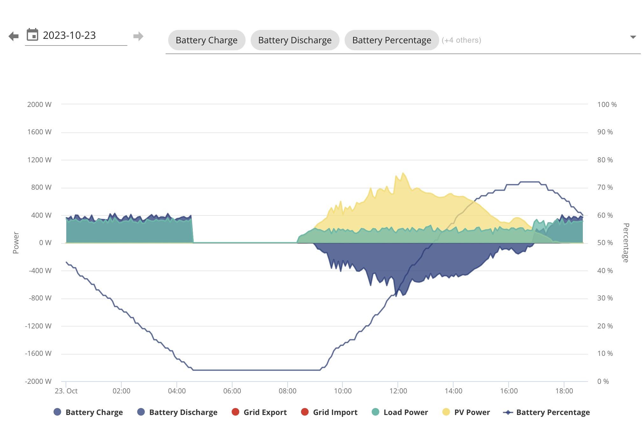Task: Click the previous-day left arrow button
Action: tap(14, 36)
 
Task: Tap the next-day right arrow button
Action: tap(138, 36)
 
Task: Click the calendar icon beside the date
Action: tap(32, 35)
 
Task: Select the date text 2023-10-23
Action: tap(69, 35)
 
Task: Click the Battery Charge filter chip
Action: tap(207, 40)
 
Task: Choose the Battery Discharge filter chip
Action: tap(295, 40)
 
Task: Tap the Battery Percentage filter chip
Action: tap(392, 40)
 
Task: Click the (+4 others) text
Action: tap(462, 40)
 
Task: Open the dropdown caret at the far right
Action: tap(633, 37)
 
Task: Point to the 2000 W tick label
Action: tap(39, 104)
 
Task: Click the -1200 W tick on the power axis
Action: tap(38, 326)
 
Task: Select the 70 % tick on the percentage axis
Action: tap(605, 187)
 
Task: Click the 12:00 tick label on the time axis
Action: tap(398, 391)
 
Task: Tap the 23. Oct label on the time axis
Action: tap(66, 391)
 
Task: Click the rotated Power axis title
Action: tap(16, 243)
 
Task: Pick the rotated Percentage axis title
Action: tap(626, 243)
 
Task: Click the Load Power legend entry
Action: tap(400, 412)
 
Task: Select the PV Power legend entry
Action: tap(466, 412)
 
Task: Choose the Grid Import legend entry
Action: tap(329, 412)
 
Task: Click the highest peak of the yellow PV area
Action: tap(403, 173)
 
